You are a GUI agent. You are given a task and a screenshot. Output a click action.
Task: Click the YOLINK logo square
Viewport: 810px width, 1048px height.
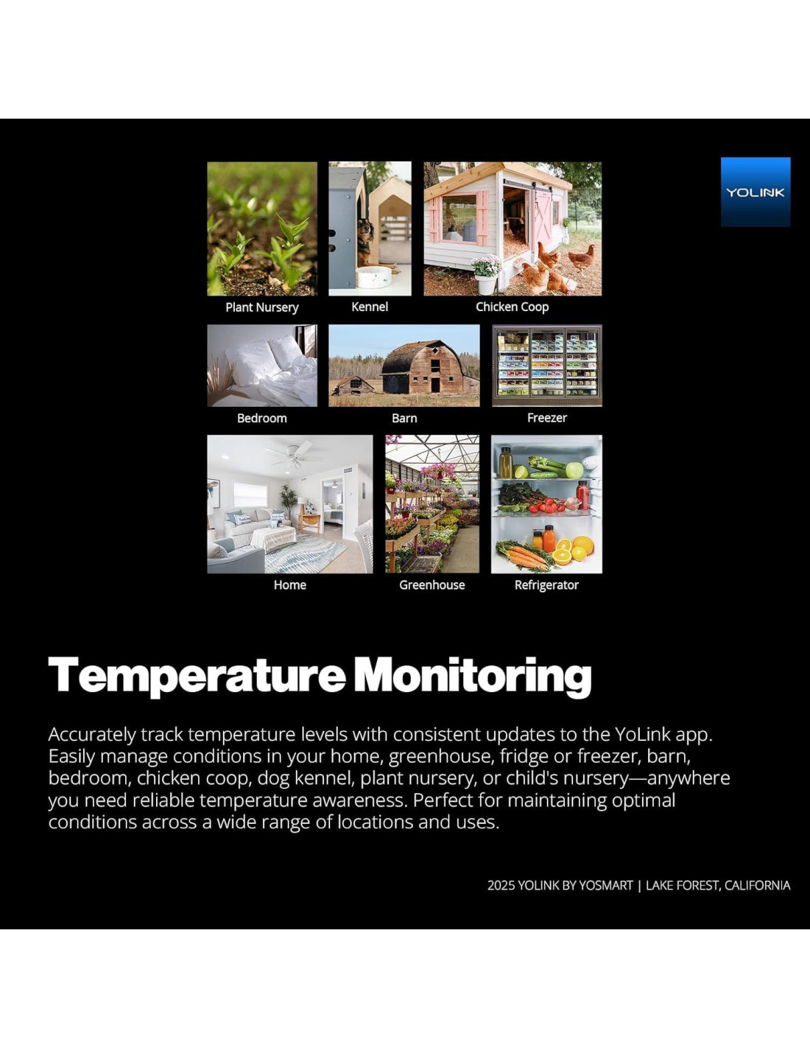click(x=755, y=192)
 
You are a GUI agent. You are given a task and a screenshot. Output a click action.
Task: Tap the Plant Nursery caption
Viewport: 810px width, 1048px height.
click(x=261, y=307)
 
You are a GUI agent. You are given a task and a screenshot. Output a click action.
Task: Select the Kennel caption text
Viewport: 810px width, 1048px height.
click(x=370, y=307)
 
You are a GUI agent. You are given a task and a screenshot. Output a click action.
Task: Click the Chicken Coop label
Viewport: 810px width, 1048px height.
click(x=513, y=307)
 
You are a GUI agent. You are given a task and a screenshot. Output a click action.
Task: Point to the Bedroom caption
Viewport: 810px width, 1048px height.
click(x=261, y=418)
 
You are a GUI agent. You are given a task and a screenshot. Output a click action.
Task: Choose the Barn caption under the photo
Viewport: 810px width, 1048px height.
click(x=404, y=418)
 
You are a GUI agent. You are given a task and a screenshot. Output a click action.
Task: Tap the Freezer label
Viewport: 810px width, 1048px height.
click(x=547, y=418)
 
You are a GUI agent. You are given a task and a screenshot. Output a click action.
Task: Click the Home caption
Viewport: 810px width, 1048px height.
click(x=289, y=585)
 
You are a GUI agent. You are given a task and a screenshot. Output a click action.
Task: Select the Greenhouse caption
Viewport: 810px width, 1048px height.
click(x=432, y=585)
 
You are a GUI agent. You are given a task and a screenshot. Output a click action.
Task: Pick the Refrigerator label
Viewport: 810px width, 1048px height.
click(x=546, y=585)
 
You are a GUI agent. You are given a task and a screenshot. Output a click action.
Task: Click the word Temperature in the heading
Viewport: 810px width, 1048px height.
click(x=197, y=676)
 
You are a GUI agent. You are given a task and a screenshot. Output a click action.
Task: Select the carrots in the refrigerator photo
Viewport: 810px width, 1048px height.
click(x=525, y=555)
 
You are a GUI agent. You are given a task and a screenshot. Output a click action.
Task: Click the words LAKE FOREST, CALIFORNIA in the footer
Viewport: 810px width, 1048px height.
click(x=717, y=885)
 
